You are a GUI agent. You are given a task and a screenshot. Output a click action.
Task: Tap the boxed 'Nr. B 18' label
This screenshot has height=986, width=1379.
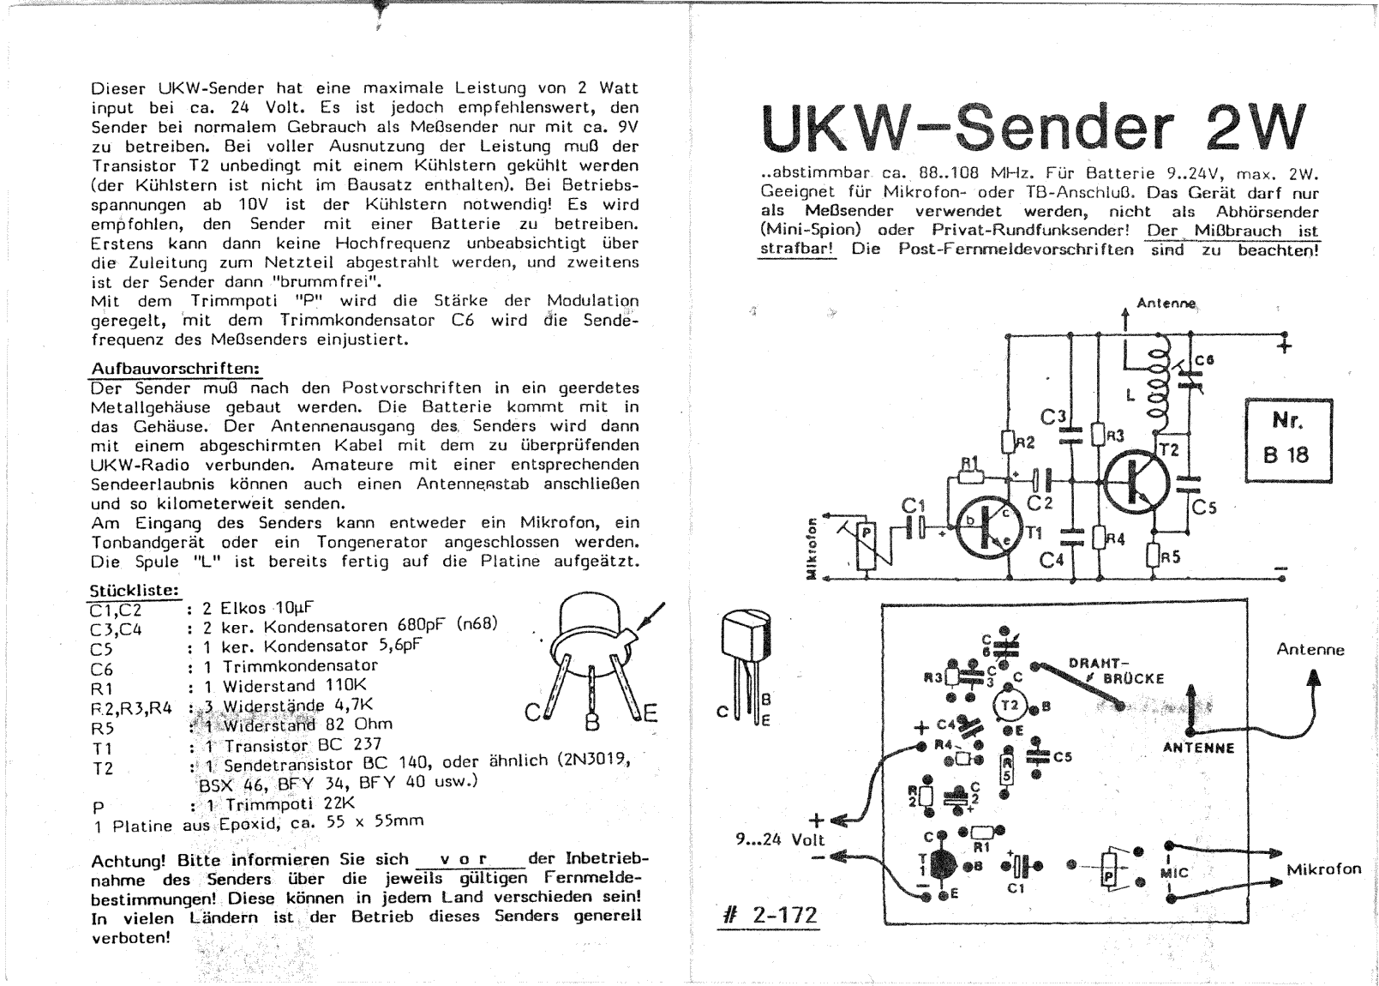pos(1287,439)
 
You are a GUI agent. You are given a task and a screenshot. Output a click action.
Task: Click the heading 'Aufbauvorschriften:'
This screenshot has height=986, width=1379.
pos(175,368)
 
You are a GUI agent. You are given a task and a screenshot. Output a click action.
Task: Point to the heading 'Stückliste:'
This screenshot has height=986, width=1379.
pos(135,591)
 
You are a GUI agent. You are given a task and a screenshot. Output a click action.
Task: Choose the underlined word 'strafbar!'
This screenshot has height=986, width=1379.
pos(797,249)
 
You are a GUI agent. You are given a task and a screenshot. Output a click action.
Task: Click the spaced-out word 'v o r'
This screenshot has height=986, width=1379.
pos(463,859)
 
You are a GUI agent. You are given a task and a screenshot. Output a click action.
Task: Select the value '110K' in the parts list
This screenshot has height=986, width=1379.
pos(346,686)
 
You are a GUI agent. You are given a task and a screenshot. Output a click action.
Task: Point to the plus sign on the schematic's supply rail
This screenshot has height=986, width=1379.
pos(1285,346)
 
